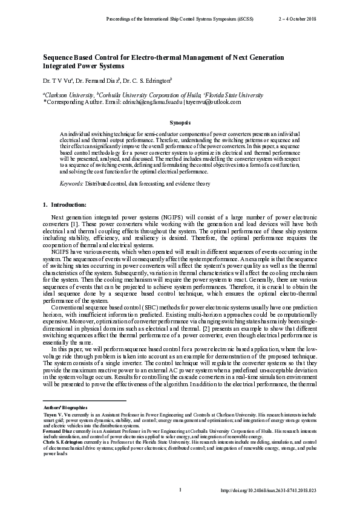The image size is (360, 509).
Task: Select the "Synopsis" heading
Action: pos(180,122)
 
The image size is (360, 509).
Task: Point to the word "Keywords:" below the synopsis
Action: pos(71,183)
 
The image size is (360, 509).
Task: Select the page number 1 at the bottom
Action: pos(180,488)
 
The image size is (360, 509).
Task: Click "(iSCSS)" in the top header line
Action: pos(245,19)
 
